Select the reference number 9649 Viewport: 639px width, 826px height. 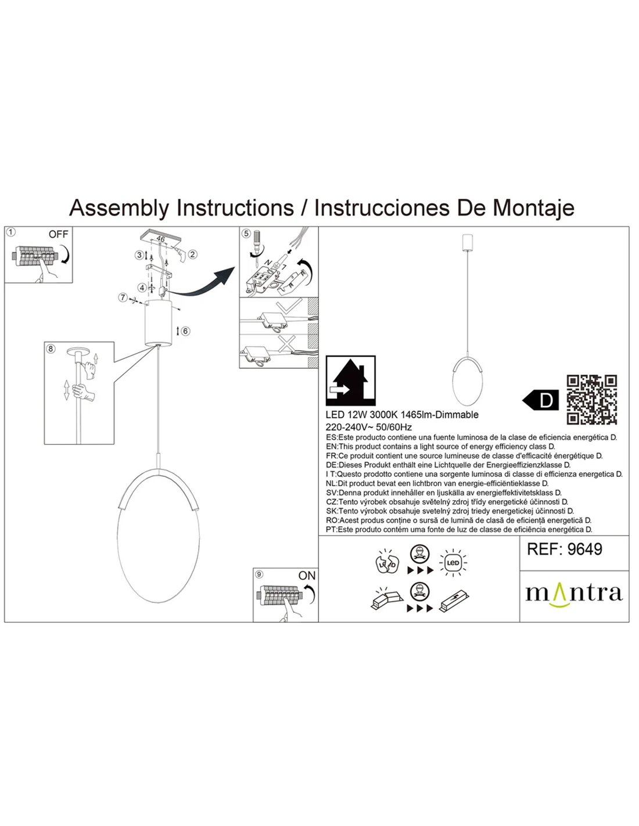[x=564, y=549]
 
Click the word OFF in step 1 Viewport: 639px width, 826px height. [x=58, y=235]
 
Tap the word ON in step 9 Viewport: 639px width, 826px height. [x=306, y=575]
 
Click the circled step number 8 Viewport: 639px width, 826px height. [x=51, y=349]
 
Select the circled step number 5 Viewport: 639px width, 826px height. [x=246, y=234]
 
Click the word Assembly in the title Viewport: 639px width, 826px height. [x=120, y=207]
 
